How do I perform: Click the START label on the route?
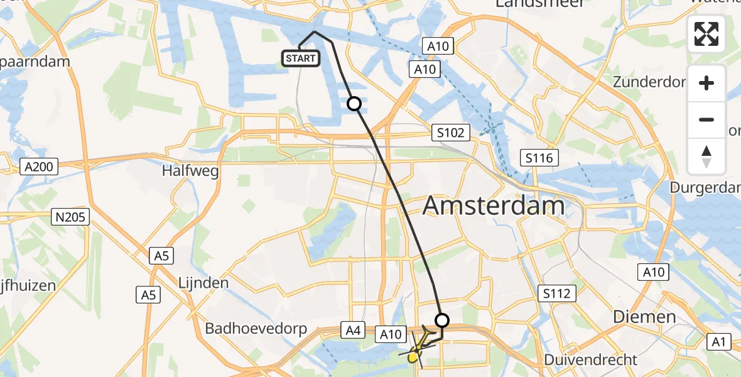click(x=301, y=59)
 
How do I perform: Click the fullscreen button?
click(x=707, y=34)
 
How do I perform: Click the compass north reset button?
click(x=707, y=156)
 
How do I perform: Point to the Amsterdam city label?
click(x=493, y=205)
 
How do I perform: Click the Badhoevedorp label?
click(x=256, y=329)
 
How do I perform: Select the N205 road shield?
click(x=71, y=217)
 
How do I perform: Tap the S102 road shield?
click(x=451, y=133)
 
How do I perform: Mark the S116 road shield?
click(x=540, y=158)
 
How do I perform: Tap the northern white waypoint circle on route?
click(x=354, y=104)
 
